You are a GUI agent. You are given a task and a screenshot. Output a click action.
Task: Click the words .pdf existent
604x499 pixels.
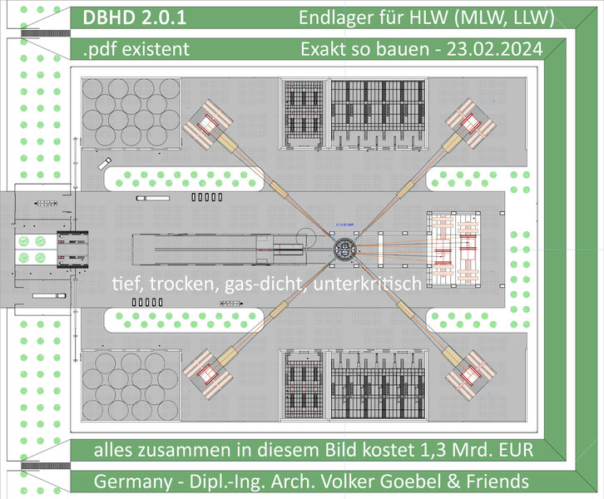(x=136, y=49)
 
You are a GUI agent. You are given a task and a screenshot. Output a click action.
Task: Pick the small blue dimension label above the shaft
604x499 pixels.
(x=344, y=225)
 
